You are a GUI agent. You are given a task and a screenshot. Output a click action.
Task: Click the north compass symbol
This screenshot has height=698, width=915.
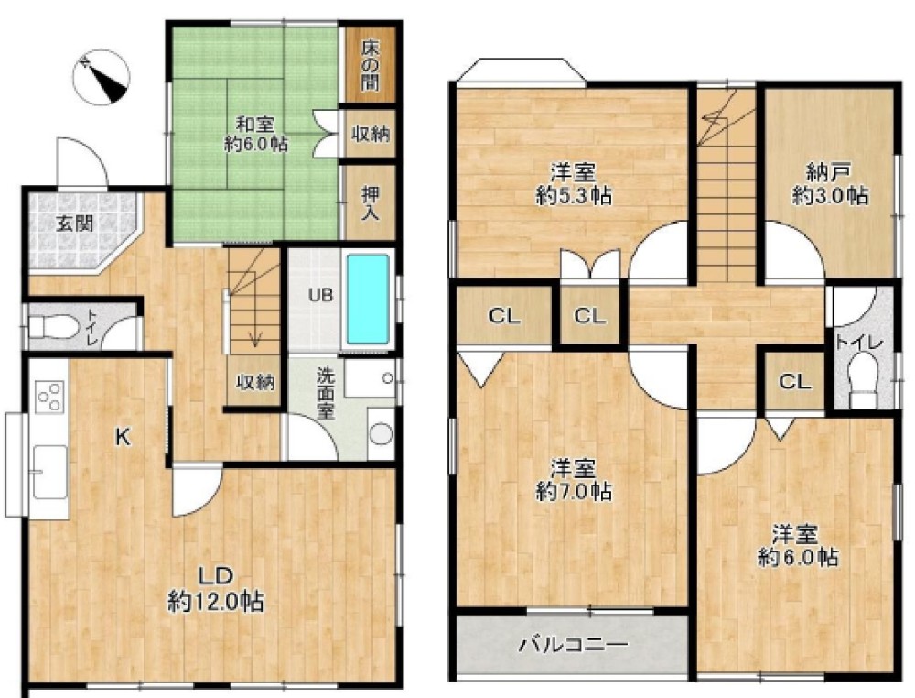coord(102,77)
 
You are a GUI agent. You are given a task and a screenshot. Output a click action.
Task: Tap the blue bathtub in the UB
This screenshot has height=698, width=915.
coord(368,299)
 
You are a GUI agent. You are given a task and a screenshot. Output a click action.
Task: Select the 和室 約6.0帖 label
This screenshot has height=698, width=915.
coord(255,134)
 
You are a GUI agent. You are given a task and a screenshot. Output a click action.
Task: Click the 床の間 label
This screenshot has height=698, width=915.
coord(369,64)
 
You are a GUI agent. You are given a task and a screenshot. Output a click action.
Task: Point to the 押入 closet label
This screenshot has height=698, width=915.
coord(369,202)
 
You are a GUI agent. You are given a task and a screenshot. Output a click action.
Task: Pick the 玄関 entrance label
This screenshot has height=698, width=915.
coord(74,224)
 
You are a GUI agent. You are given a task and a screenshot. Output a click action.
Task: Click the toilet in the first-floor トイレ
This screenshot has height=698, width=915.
coord(52,326)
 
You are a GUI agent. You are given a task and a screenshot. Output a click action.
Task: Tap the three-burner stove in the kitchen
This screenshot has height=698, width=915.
coord(50,396)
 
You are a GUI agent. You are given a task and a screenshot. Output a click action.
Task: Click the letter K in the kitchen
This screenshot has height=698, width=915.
coord(122,436)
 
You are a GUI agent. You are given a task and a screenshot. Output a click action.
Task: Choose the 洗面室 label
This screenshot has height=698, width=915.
coord(326,393)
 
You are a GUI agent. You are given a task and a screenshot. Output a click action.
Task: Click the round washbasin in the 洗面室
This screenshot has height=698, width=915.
coord(381,434)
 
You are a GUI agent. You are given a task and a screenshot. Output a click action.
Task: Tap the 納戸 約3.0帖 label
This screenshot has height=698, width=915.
coord(829,183)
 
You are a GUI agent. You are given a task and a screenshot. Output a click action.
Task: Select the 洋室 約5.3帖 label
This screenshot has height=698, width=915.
coord(574,184)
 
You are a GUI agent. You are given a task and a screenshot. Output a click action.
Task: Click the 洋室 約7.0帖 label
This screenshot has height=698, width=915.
coord(574,480)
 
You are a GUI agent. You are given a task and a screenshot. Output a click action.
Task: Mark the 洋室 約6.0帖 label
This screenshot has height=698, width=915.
coord(797,546)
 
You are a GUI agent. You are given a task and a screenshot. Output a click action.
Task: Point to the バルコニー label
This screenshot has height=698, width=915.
coord(574,644)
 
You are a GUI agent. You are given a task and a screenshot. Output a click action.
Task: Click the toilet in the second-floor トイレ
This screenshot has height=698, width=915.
coord(864,383)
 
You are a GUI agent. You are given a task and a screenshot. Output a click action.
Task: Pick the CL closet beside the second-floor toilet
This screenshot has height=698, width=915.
coord(795,381)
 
